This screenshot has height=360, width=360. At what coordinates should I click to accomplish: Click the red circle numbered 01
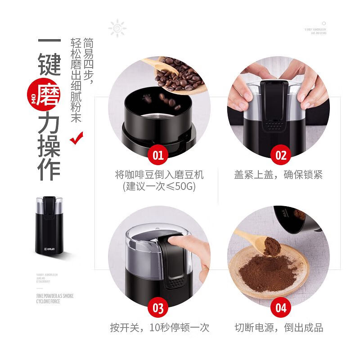[x=158, y=156]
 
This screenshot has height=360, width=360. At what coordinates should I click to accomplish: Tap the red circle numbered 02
[x=281, y=156]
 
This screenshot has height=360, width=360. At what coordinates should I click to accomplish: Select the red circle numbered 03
[x=158, y=308]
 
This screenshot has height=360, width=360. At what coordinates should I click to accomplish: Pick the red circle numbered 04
[x=281, y=308]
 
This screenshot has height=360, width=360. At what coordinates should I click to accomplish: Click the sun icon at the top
[x=117, y=28]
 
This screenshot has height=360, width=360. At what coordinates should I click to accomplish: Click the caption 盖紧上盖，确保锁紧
[x=279, y=175]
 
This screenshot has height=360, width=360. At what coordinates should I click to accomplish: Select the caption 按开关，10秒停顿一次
[x=160, y=328]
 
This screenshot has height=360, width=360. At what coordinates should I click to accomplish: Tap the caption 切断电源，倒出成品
[x=279, y=328]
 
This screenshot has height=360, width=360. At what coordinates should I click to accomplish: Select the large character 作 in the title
[x=48, y=169]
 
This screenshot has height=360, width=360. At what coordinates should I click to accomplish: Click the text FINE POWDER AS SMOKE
[x=54, y=296]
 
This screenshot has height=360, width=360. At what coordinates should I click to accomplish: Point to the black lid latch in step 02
[x=273, y=106]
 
